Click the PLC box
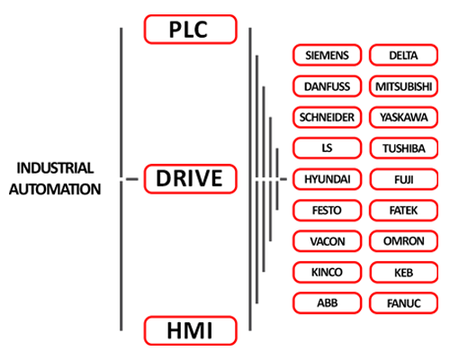point(191,30)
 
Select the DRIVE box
point(191,179)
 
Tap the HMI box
point(191,330)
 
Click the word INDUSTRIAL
point(55,168)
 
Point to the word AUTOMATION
point(55,189)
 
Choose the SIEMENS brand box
point(327,55)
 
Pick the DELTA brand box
point(404,55)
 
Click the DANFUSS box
point(327,86)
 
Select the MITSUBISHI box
point(404,86)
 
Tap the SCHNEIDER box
point(327,117)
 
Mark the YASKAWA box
point(404,117)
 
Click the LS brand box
point(327,148)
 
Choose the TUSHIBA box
point(404,148)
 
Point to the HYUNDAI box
point(327,179)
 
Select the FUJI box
point(404,179)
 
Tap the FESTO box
point(327,211)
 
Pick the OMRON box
point(404,241)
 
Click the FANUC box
point(404,303)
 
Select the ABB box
point(327,303)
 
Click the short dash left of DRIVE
point(132,179)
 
